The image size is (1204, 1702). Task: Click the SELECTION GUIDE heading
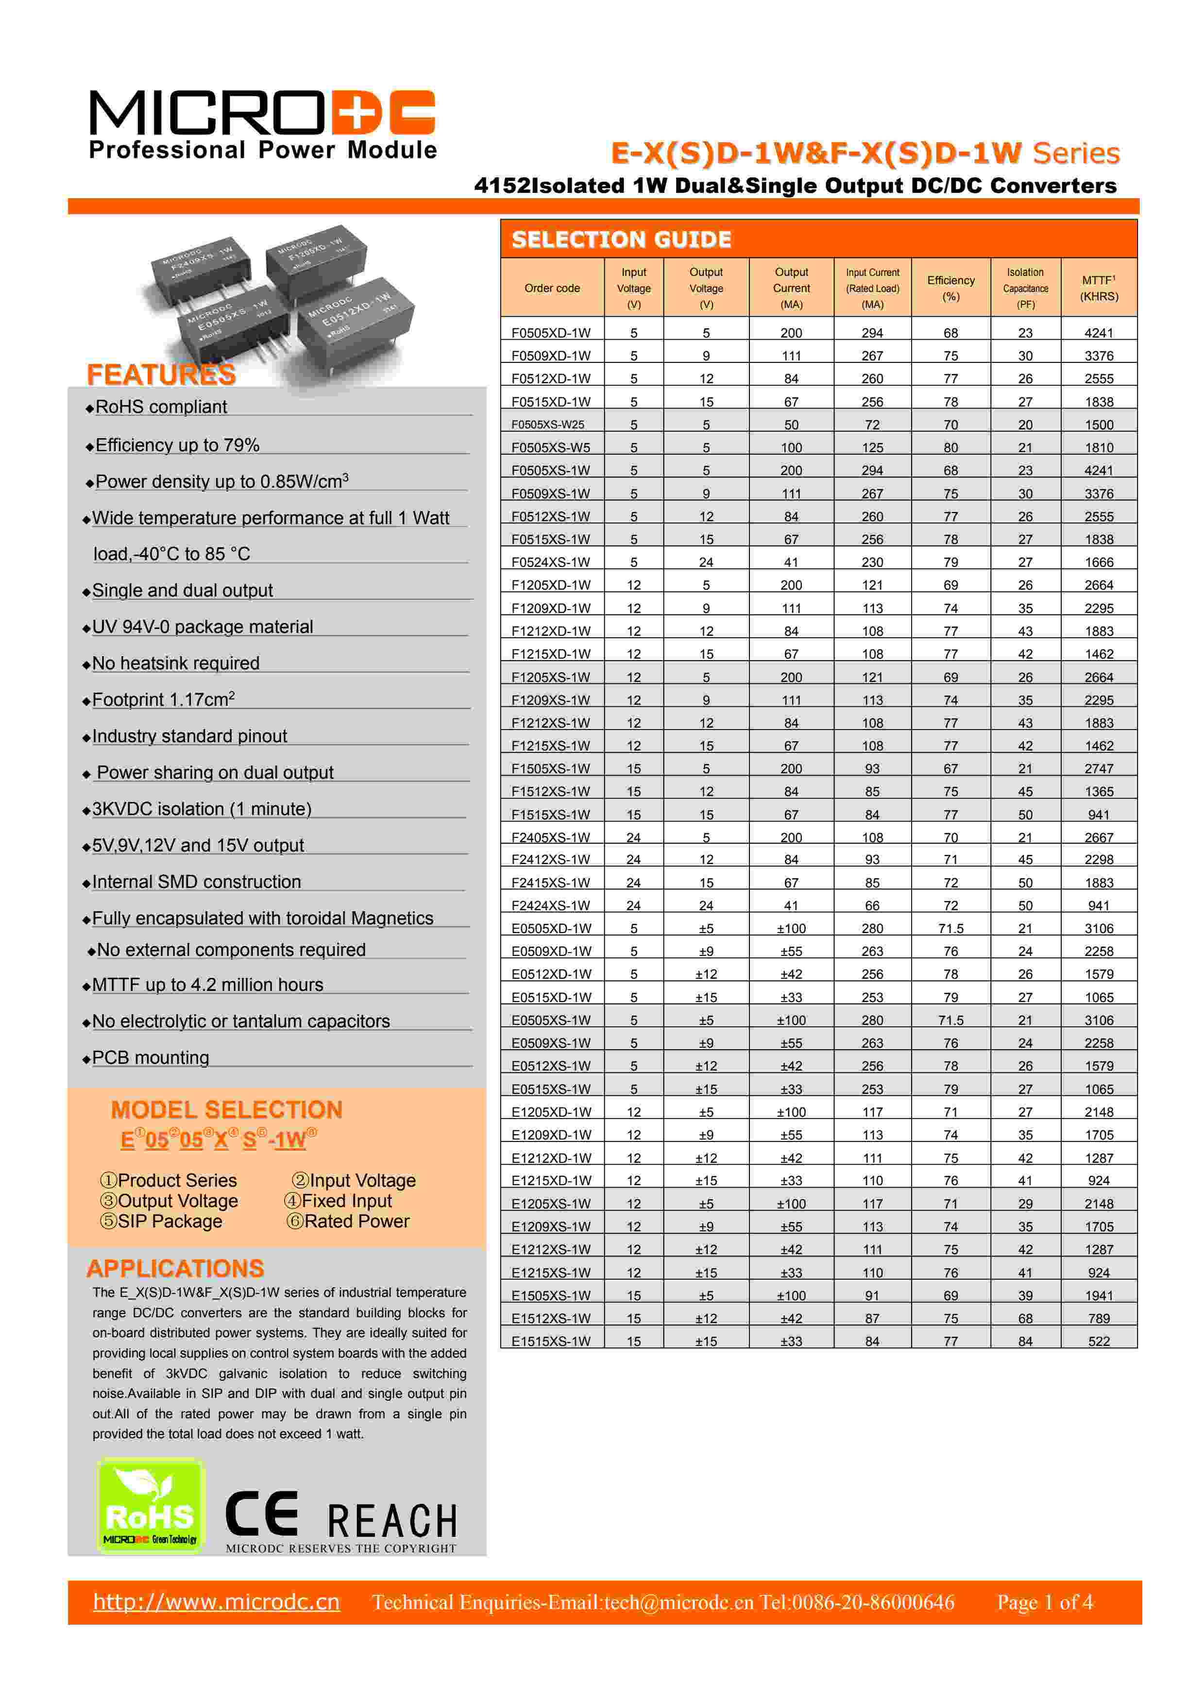(621, 239)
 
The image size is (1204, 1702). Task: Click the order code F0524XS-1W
(551, 562)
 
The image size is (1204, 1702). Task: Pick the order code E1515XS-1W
(551, 1341)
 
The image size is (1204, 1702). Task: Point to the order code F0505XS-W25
(548, 425)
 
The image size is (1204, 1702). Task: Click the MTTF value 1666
(1099, 562)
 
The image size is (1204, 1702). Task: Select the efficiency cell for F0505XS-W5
(950, 448)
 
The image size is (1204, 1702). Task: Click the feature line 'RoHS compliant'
(161, 407)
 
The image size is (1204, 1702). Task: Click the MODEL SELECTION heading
(227, 1110)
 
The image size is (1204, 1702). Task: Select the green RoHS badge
(151, 1506)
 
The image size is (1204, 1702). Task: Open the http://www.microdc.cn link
(217, 1602)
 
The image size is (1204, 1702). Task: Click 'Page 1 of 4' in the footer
(1045, 1602)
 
